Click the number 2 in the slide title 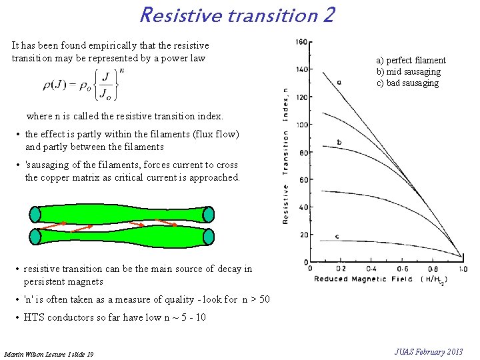click(x=327, y=14)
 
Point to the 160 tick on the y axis click(x=301, y=42)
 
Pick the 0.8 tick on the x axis click(x=433, y=268)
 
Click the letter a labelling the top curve click(x=339, y=83)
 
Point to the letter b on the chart click(x=339, y=142)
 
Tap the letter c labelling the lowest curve click(x=337, y=237)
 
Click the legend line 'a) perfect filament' click(x=411, y=61)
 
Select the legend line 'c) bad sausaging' click(x=407, y=83)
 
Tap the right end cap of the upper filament click(x=208, y=214)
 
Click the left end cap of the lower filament click(x=35, y=236)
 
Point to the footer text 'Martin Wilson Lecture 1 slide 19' click(x=49, y=353)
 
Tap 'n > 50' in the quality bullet click(x=256, y=299)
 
